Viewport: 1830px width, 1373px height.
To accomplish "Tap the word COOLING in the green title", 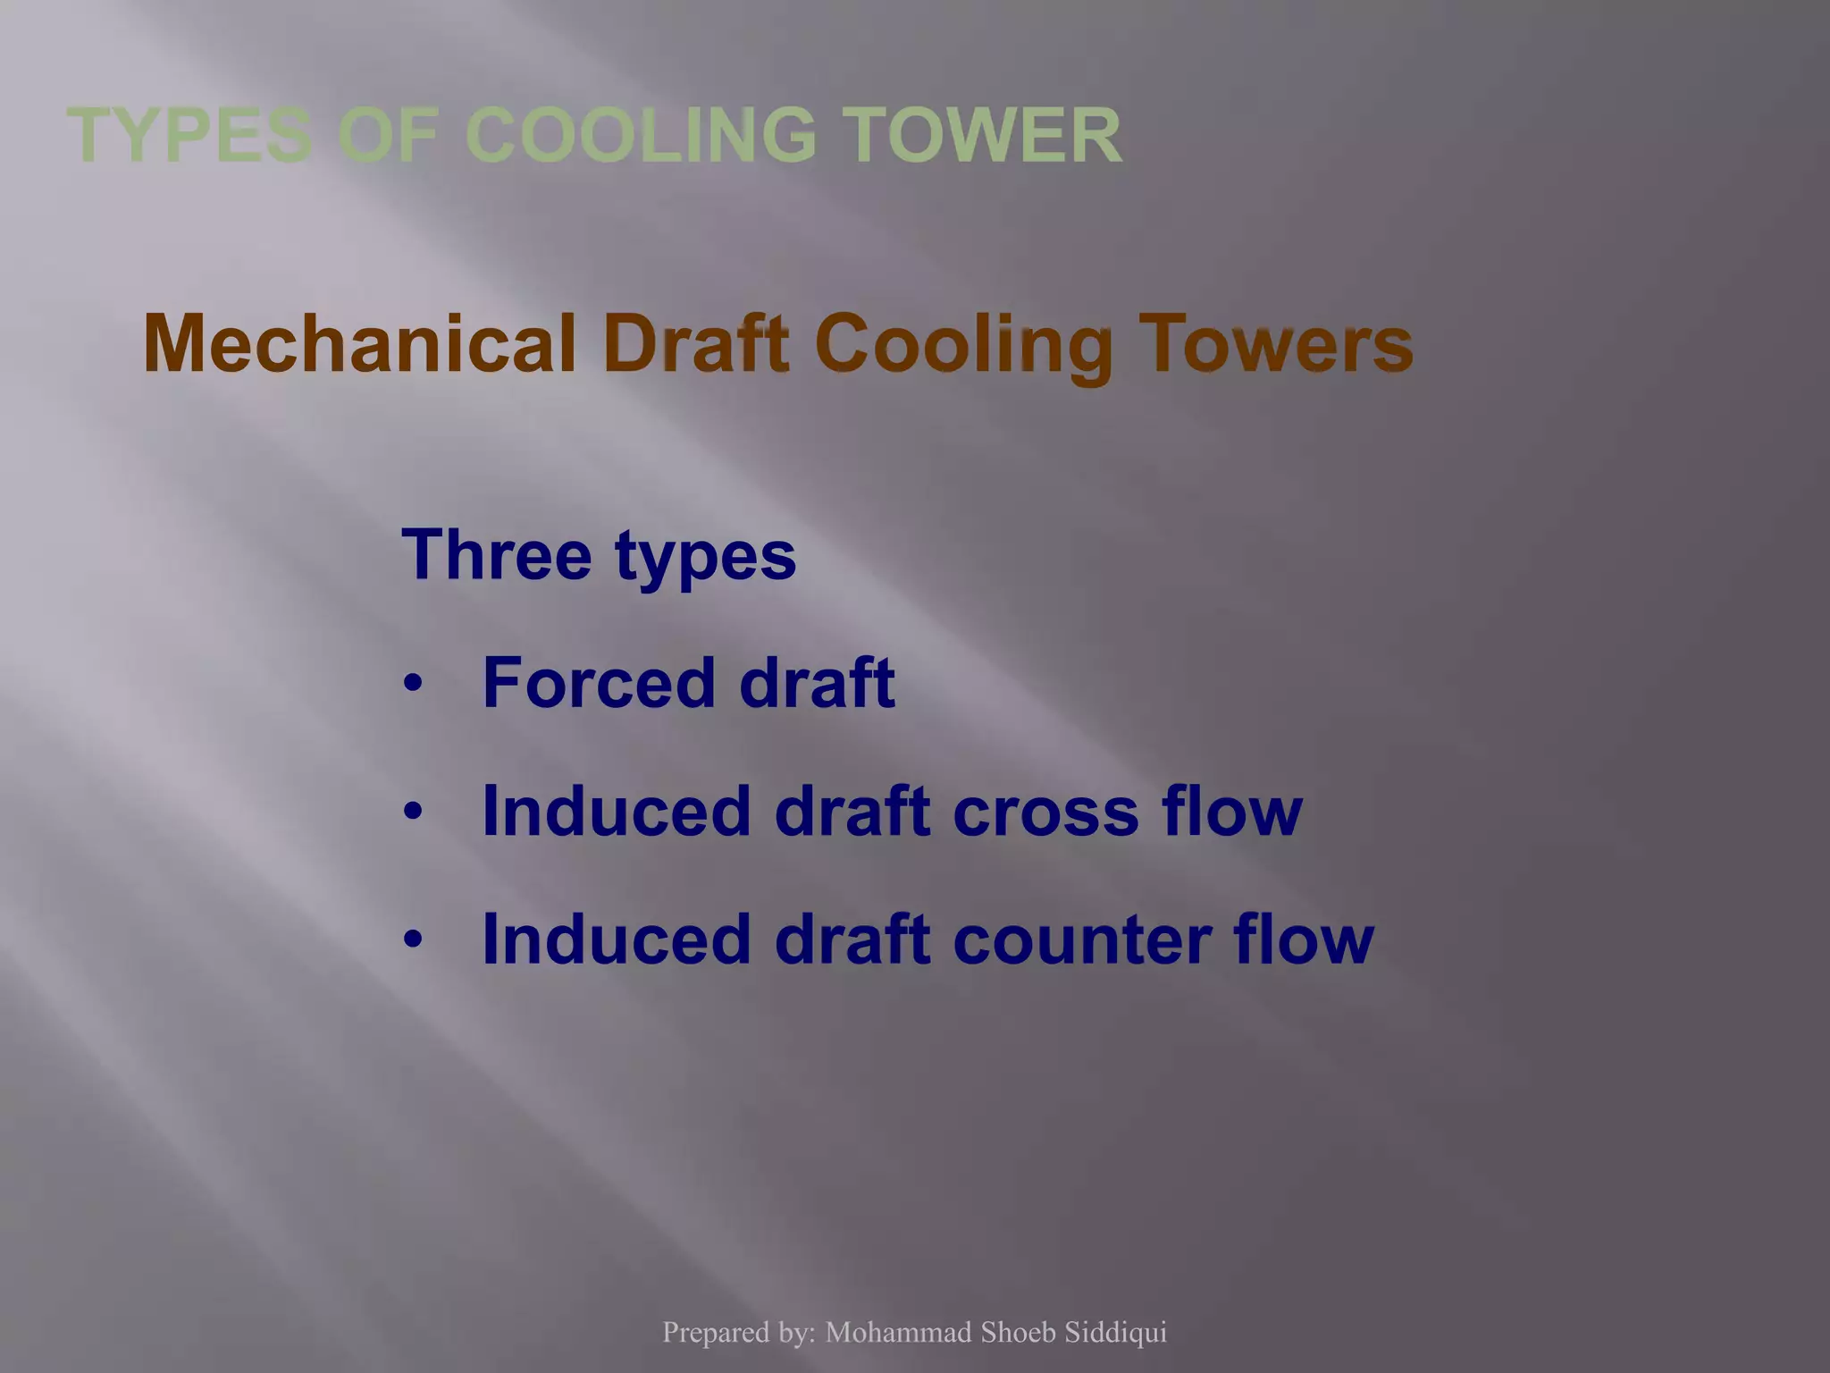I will tap(641, 136).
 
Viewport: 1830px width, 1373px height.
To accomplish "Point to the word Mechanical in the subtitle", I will tap(359, 345).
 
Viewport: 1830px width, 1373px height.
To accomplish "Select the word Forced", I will tap(599, 683).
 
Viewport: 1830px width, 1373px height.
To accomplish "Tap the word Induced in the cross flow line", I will tap(616, 812).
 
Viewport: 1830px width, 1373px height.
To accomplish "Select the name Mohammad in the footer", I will tap(898, 1333).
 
